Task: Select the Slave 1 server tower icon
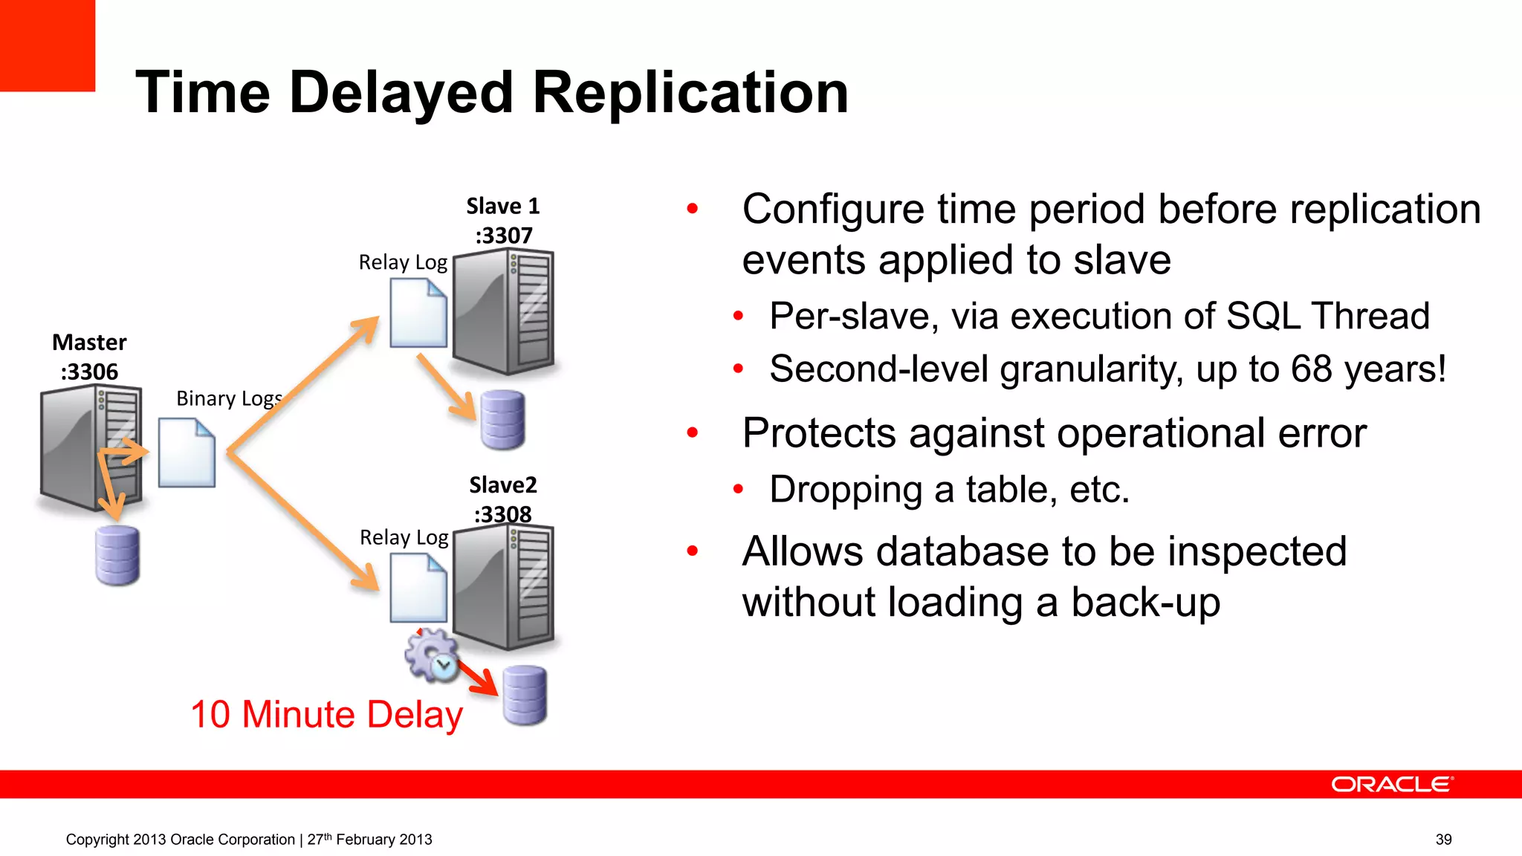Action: [503, 312]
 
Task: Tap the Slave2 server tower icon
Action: [503, 587]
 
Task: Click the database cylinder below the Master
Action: [117, 555]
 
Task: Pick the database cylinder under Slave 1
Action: [502, 420]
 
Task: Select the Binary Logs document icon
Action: [187, 453]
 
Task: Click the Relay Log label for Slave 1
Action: [403, 262]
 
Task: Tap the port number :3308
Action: [503, 514]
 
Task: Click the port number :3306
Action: [89, 372]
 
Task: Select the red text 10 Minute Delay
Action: [326, 715]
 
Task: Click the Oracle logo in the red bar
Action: [1391, 785]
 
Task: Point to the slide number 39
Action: [1443, 840]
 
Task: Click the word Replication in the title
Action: [690, 93]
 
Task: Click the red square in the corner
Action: [47, 45]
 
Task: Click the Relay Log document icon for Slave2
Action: [418, 588]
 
